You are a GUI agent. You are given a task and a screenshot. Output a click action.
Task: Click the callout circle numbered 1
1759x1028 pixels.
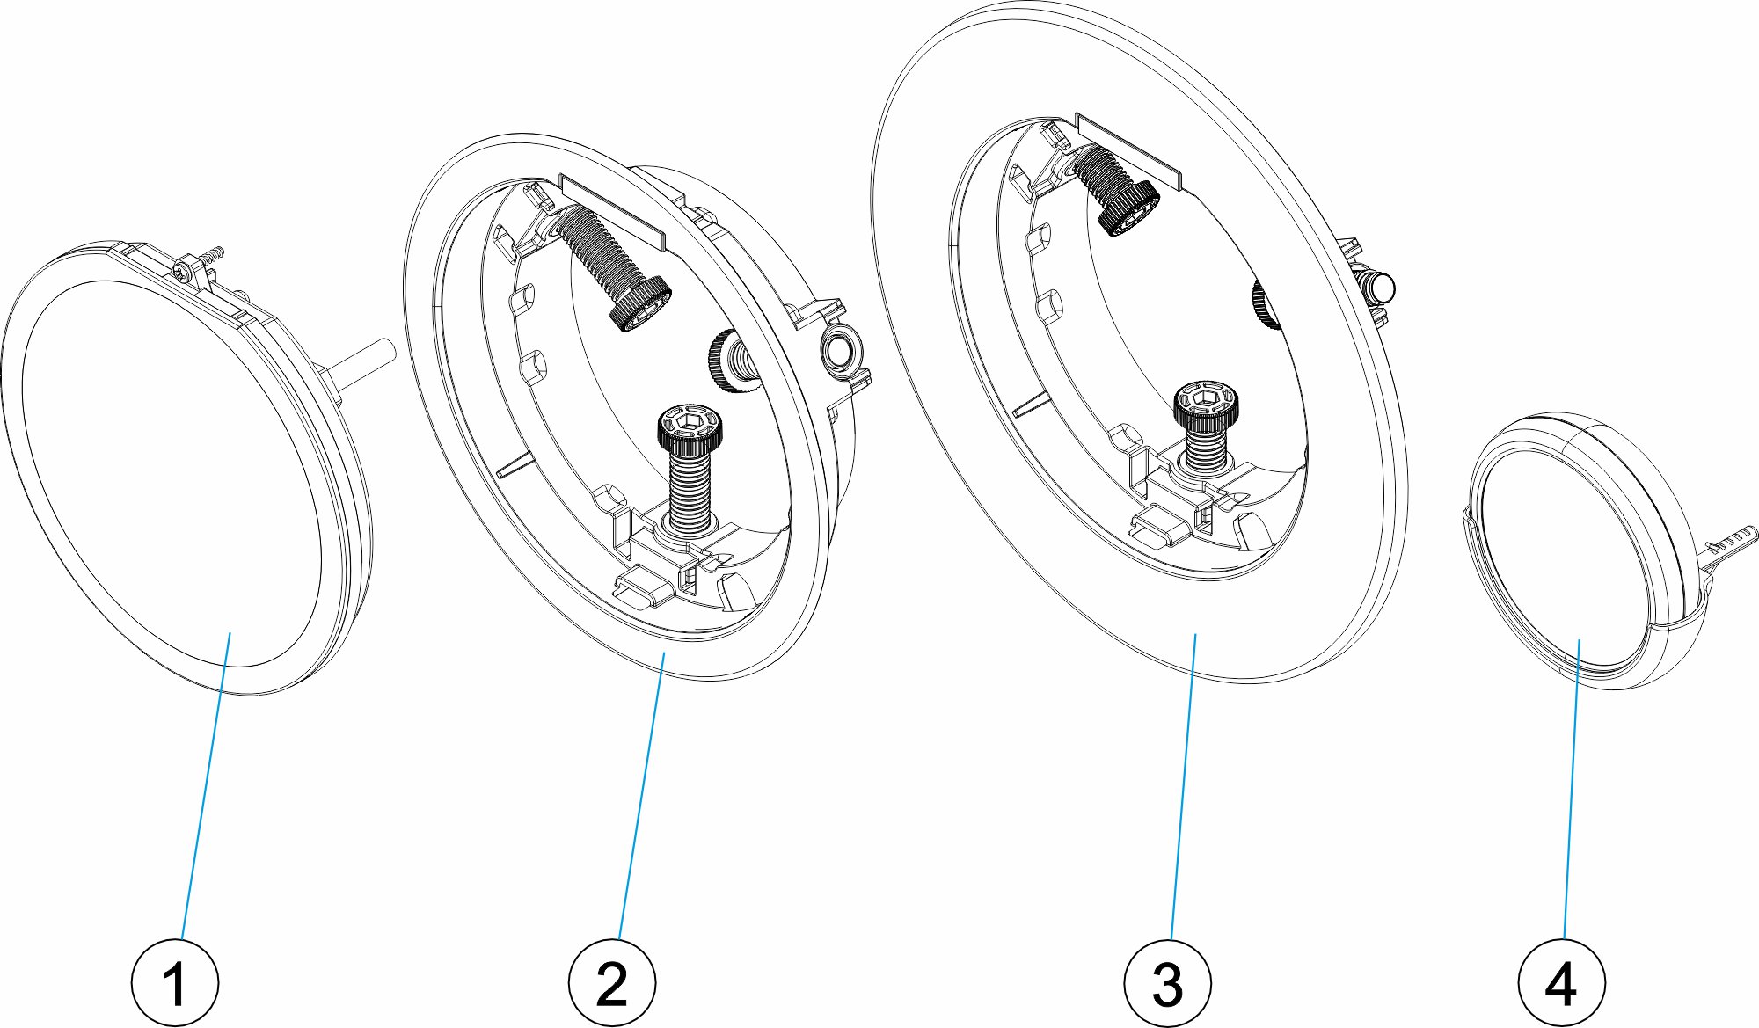(x=174, y=982)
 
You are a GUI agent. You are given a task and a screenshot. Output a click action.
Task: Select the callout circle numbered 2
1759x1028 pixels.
(x=611, y=982)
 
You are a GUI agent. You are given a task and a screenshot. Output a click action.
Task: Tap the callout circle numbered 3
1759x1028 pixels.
(x=1167, y=982)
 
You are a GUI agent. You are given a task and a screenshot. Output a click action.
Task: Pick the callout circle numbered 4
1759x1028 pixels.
(x=1561, y=982)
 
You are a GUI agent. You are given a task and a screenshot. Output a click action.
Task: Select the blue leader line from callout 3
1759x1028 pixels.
(x=1182, y=791)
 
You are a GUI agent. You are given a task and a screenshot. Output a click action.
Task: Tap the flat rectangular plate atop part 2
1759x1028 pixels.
(x=612, y=211)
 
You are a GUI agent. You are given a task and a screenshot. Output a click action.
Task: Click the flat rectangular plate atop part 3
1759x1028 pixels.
(x=1128, y=150)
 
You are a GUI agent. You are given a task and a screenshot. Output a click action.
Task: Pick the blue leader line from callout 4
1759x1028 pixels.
(x=1571, y=791)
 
